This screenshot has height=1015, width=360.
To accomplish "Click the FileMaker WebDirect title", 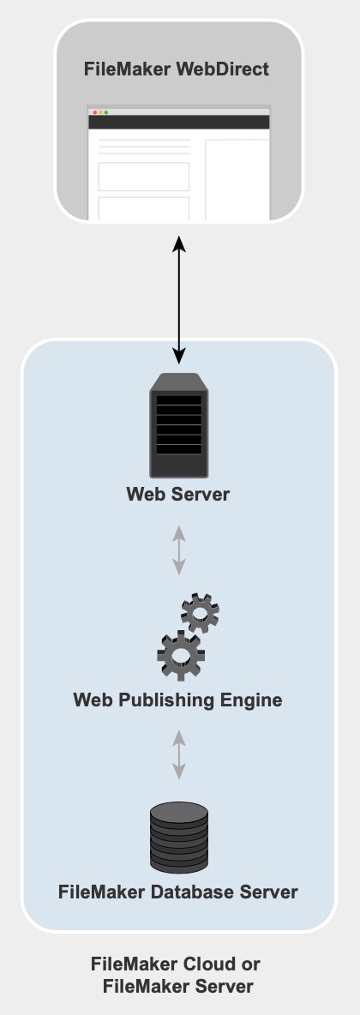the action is click(176, 69).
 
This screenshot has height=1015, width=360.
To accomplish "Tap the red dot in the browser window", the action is click(95, 112).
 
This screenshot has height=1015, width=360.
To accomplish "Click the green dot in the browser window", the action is click(106, 112).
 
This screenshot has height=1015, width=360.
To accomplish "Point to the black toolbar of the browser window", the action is click(178, 123).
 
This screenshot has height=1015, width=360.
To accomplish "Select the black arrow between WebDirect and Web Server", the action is click(178, 300).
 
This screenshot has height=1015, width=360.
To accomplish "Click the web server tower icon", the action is click(178, 425).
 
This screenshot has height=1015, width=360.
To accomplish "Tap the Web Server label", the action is click(178, 495).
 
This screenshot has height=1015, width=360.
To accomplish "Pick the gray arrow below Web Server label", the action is click(178, 550).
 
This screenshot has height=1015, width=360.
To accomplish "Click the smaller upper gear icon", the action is click(200, 613).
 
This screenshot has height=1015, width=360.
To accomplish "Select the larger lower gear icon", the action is click(182, 656).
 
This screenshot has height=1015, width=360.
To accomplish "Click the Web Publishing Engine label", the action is click(177, 700).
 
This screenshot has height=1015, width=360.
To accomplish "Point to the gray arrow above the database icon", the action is click(178, 754).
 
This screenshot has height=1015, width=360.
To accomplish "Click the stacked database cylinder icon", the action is click(178, 838).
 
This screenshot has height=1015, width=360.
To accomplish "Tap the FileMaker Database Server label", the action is click(178, 892).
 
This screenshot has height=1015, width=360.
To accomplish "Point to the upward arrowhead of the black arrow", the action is click(178, 244).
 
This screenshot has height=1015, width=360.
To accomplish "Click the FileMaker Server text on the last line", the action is click(178, 988).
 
